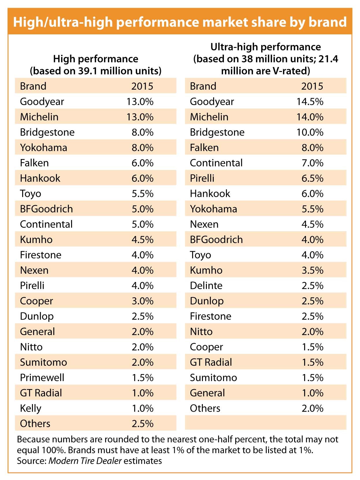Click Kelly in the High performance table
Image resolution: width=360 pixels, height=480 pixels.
click(x=31, y=408)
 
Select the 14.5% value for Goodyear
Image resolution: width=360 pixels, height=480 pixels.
click(x=310, y=102)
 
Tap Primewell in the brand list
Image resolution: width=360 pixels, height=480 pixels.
click(x=42, y=378)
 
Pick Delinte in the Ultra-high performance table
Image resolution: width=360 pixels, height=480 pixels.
click(x=206, y=285)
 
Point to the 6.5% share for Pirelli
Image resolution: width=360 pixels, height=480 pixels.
click(x=312, y=178)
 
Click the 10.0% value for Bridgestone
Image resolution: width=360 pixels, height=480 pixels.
click(x=310, y=132)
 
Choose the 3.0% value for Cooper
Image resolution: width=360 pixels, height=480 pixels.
click(x=142, y=301)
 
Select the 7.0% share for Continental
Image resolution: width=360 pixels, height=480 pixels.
click(x=312, y=163)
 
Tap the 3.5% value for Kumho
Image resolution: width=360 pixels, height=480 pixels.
click(x=312, y=270)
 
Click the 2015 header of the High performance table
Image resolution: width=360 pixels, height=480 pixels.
click(x=142, y=86)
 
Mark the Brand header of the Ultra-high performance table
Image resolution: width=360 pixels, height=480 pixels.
click(x=203, y=86)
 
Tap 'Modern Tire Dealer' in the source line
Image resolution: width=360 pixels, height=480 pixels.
click(x=85, y=461)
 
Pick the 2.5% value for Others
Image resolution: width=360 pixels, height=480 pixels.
click(x=142, y=423)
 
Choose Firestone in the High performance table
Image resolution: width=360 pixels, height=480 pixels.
click(x=41, y=255)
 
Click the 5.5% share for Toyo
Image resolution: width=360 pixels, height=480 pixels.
click(x=142, y=193)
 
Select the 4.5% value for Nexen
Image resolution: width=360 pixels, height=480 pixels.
click(x=312, y=224)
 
